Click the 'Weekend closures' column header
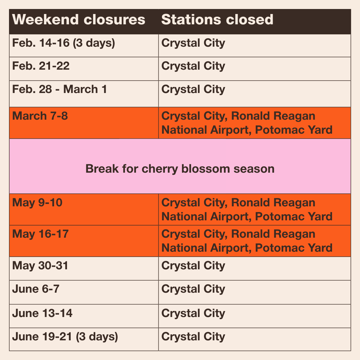click(x=79, y=20)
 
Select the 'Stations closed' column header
click(x=217, y=20)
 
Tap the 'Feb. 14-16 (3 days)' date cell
click(x=63, y=43)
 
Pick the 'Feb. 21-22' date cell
click(x=41, y=66)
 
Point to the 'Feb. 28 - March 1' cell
click(x=60, y=89)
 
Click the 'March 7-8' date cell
click(x=40, y=116)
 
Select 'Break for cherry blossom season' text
click(x=180, y=169)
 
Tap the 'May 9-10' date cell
click(x=37, y=203)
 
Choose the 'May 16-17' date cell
click(x=40, y=234)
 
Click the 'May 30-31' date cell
click(x=40, y=266)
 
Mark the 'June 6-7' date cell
click(x=36, y=289)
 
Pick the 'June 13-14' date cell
click(x=42, y=313)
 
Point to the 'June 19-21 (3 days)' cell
click(x=65, y=337)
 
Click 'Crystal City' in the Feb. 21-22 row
click(x=193, y=66)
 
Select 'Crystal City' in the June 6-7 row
click(x=193, y=289)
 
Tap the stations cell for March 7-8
click(x=247, y=123)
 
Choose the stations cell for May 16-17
click(x=247, y=241)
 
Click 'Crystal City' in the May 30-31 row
click(x=193, y=266)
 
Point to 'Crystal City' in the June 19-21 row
click(x=193, y=337)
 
